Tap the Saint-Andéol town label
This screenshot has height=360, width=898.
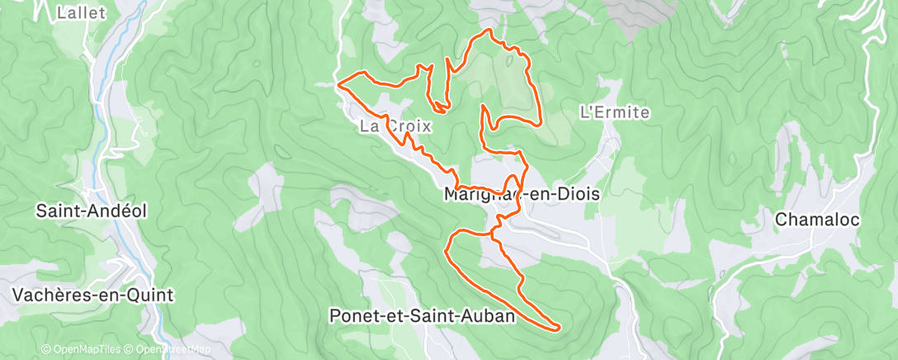92,211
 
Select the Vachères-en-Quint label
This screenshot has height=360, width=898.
93,295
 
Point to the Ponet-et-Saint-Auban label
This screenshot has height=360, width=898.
422,315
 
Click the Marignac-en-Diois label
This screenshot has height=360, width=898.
521,194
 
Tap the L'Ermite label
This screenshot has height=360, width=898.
616,112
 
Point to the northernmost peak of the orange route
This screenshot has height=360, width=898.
492,31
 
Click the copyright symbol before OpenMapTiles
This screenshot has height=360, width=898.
45,349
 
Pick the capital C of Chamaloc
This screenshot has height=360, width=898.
782,220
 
